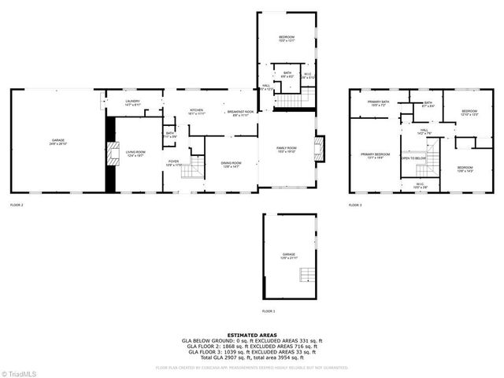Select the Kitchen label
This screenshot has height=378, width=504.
[x=197, y=112]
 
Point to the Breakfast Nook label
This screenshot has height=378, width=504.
[x=240, y=113]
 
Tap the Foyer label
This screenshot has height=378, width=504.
[x=173, y=162]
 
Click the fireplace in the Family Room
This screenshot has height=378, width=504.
[x=319, y=150]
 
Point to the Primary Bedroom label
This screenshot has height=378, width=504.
[x=376, y=155]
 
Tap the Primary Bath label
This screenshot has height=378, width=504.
[x=378, y=103]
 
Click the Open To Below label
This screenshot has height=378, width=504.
[x=413, y=158]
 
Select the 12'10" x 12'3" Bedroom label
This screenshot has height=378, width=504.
[x=469, y=113]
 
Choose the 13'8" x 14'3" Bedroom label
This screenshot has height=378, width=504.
[x=465, y=169]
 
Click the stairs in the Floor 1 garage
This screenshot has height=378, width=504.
[x=308, y=276]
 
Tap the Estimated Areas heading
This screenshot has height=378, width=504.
[x=252, y=335]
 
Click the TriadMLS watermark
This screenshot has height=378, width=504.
[x=20, y=372]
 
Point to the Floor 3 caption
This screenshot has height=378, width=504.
[x=355, y=205]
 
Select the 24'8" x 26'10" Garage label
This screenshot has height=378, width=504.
[x=59, y=143]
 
